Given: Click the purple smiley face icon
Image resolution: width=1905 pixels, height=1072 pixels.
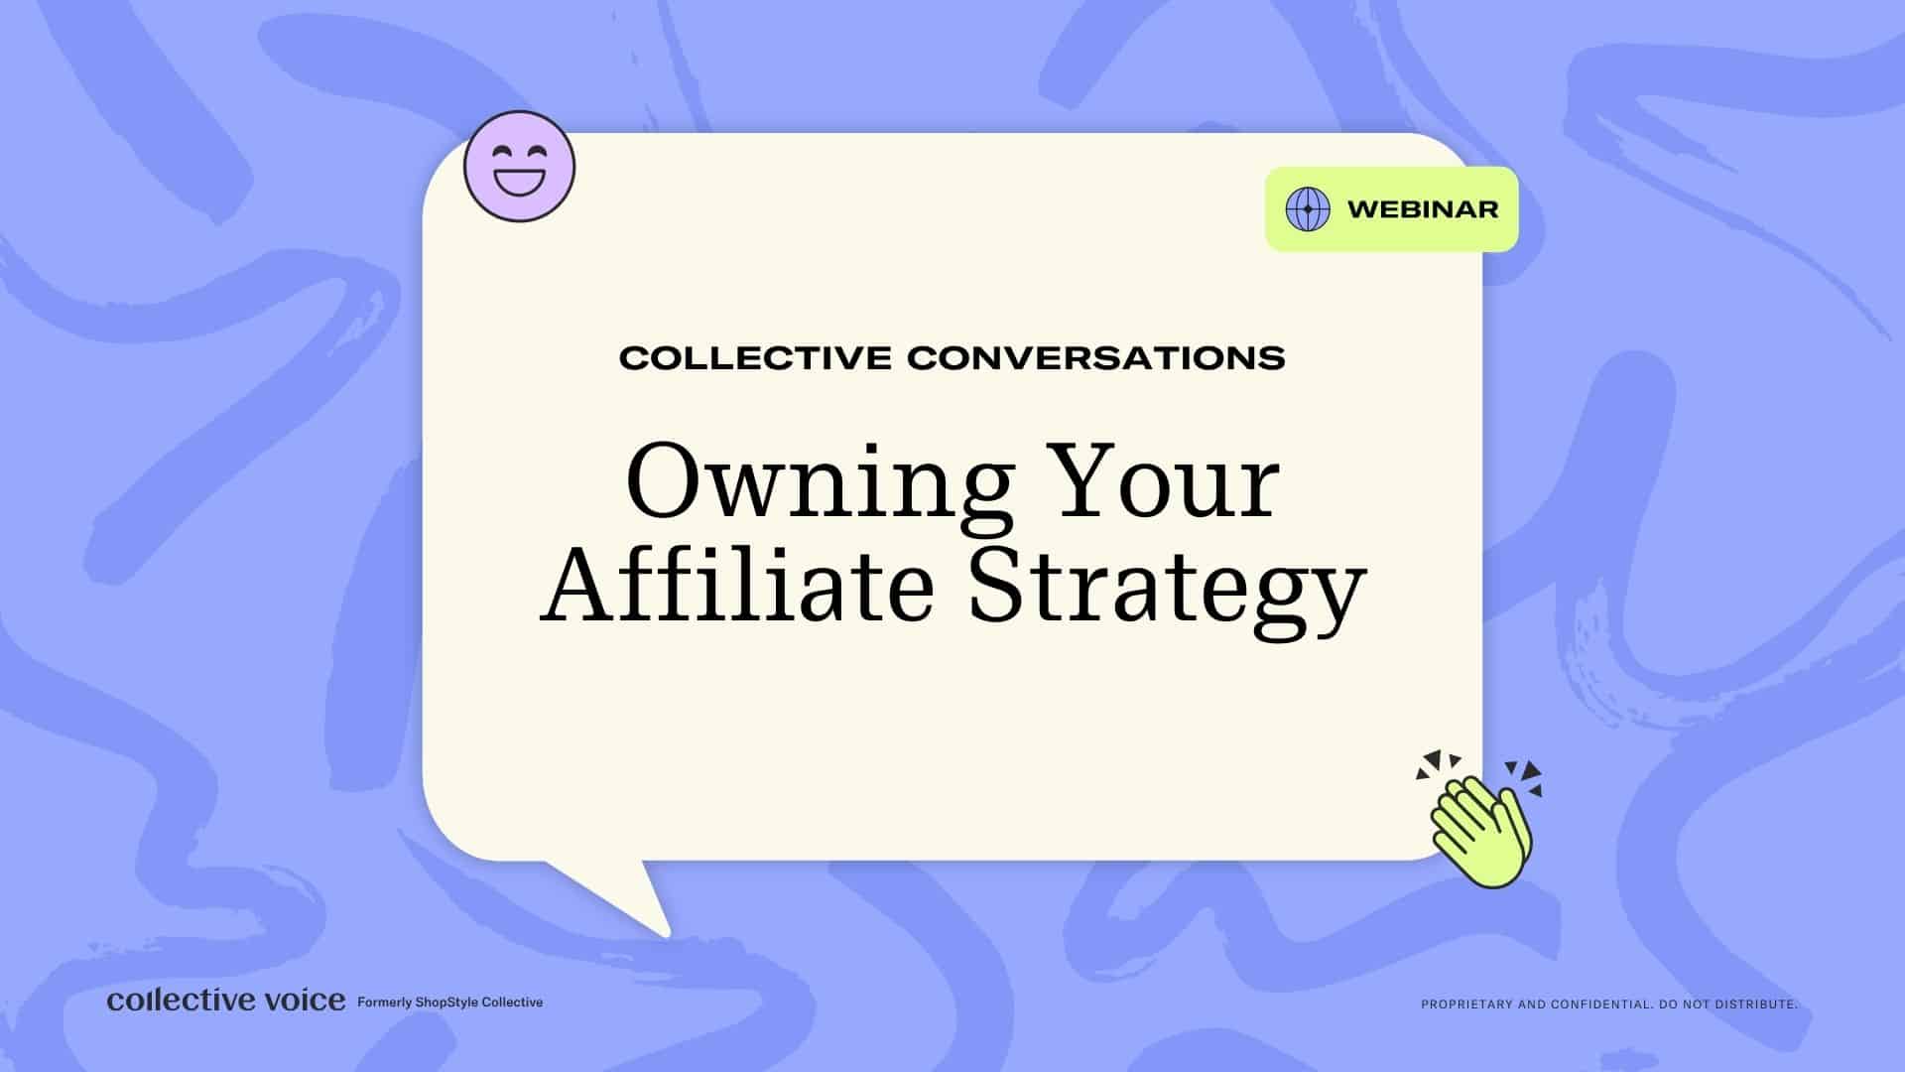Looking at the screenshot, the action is pos(519,166).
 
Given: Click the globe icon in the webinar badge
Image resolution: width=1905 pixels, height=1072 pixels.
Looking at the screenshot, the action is pos(1308,209).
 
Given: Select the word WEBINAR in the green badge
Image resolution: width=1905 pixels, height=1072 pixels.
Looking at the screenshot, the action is pos(1423,209).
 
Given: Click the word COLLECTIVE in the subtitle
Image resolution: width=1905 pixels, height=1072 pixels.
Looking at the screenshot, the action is pos(755,357).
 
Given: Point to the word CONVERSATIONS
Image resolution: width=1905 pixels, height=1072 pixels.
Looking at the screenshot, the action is pos(1096,357).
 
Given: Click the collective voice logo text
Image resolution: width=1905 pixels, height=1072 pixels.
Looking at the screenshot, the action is pos(226,1000).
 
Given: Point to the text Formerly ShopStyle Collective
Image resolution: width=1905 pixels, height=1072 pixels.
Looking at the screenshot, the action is pos(449,1003).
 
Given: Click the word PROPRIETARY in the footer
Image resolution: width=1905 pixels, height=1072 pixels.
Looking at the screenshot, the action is pos(1467,1005).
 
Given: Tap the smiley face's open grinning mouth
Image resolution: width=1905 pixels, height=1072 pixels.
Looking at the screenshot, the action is pos(519,183).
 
